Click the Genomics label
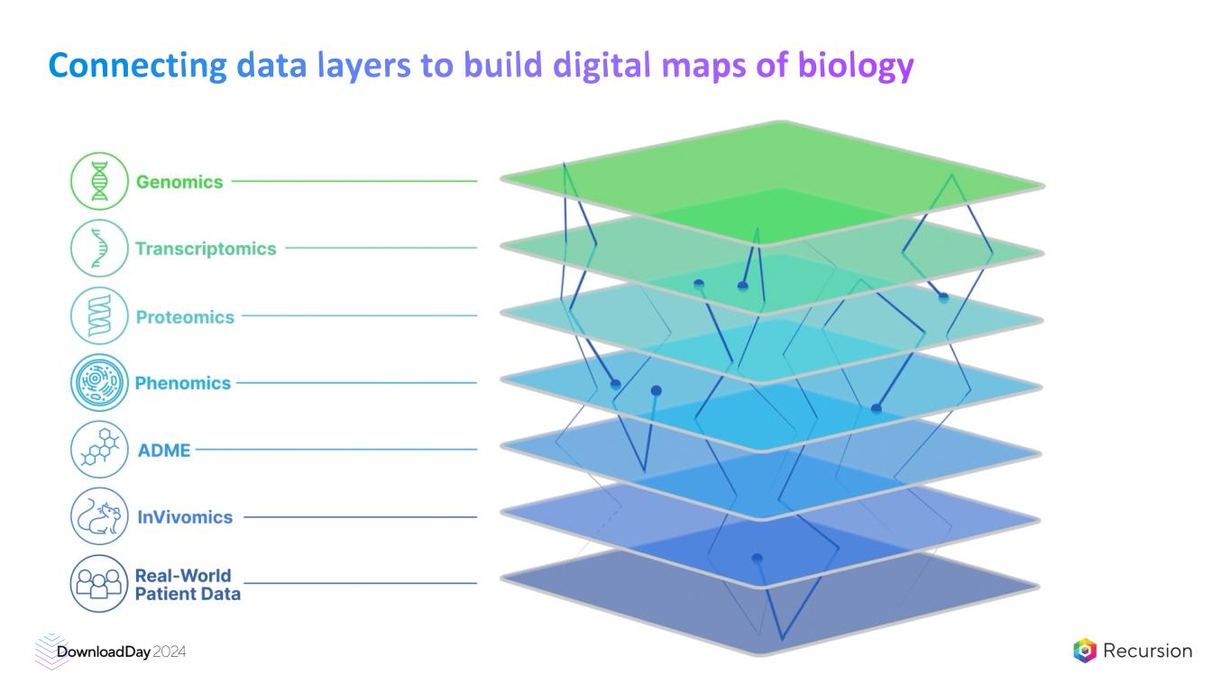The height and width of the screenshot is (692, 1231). click(179, 182)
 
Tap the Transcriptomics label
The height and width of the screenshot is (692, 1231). click(206, 249)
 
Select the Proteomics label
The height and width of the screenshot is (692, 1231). click(185, 317)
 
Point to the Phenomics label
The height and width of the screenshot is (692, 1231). click(183, 383)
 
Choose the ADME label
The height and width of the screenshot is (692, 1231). click(164, 451)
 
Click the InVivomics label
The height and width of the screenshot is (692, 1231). click(185, 517)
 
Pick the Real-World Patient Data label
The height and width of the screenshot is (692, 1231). click(188, 584)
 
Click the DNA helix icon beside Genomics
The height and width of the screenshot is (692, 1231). click(99, 181)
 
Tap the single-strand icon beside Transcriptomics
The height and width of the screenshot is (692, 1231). click(99, 248)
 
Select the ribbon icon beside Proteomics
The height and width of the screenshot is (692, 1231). click(99, 315)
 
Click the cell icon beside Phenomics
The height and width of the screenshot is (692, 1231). click(99, 383)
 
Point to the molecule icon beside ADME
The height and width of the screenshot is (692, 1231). click(99, 449)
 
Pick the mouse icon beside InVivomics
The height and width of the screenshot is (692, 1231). click(99, 516)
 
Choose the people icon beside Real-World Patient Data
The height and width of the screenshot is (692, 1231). click(99, 583)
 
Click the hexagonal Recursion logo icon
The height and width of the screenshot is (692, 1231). click(1085, 651)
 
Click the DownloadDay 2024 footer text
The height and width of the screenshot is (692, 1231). click(121, 651)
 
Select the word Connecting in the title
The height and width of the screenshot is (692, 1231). click(137, 65)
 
